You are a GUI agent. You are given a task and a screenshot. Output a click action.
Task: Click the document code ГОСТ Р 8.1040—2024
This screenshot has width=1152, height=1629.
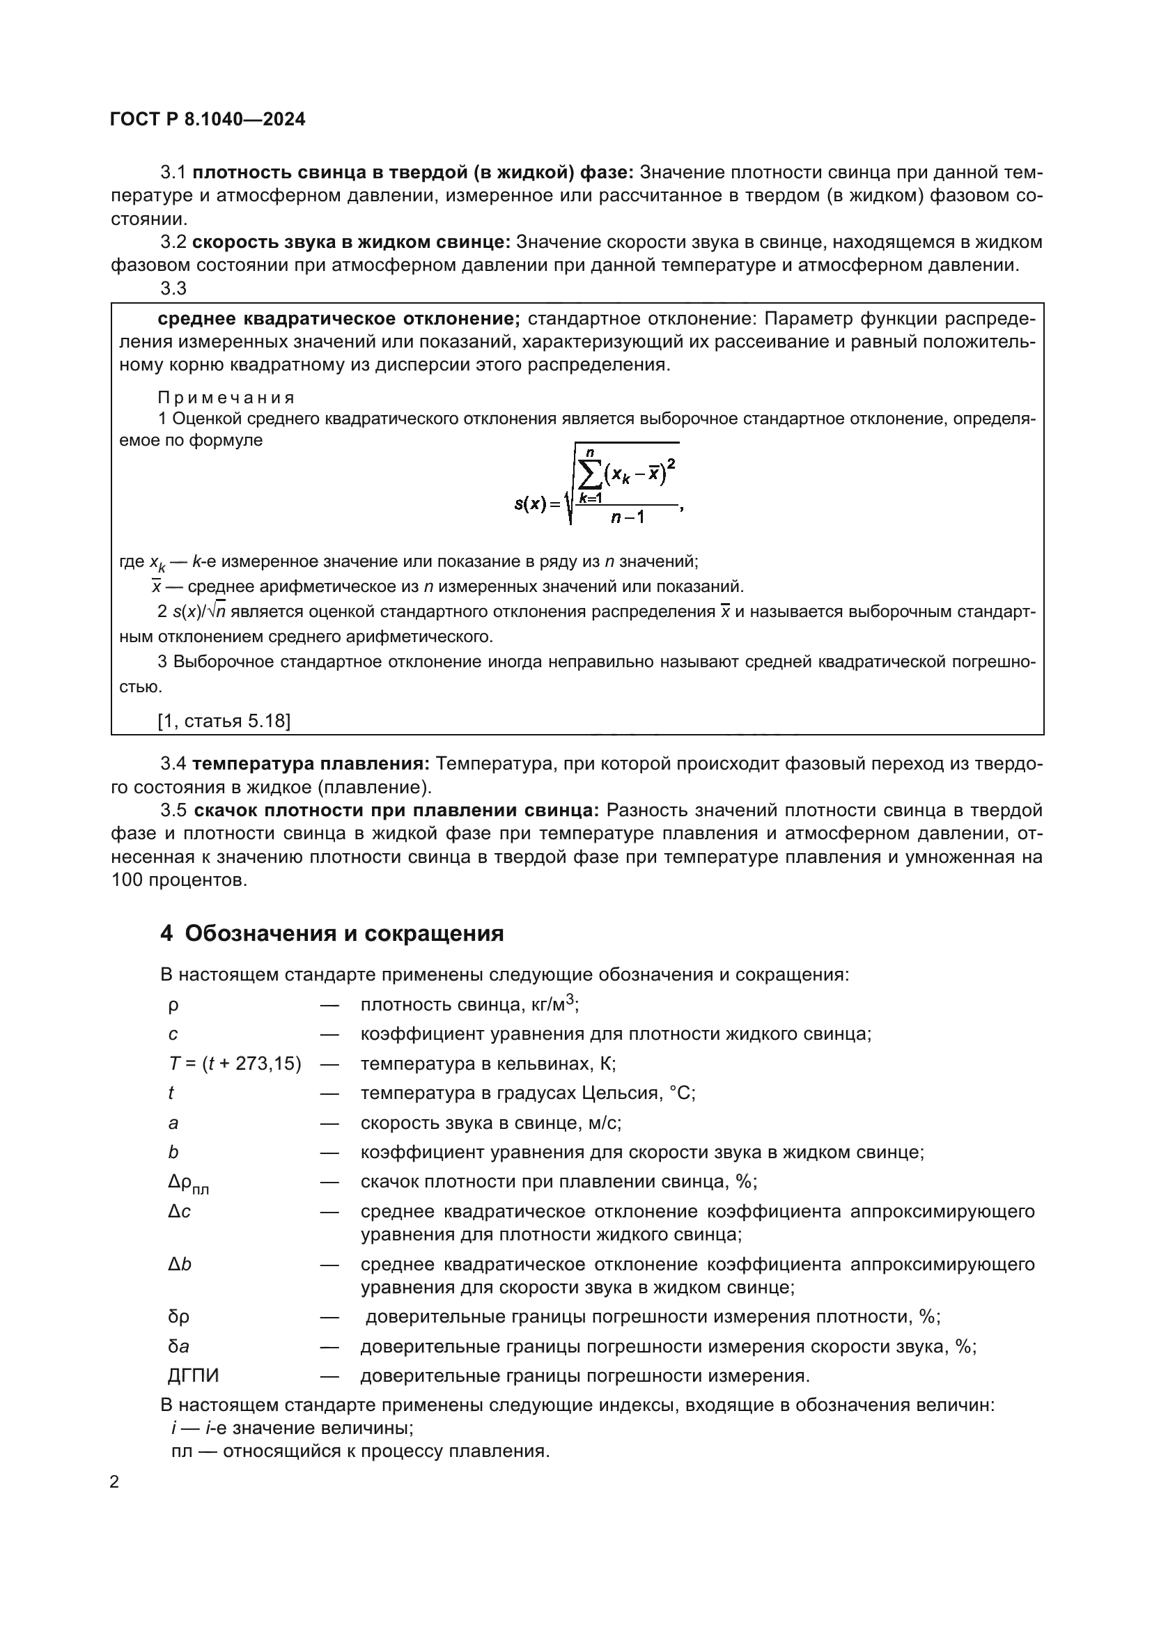pyautogui.click(x=208, y=119)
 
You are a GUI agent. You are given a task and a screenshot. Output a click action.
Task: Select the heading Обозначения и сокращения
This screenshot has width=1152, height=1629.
pyautogui.click(x=344, y=933)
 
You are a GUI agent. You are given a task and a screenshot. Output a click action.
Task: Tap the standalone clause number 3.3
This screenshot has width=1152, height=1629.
pyautogui.click(x=173, y=288)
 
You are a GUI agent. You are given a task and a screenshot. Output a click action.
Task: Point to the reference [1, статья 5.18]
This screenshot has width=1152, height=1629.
pyautogui.click(x=224, y=721)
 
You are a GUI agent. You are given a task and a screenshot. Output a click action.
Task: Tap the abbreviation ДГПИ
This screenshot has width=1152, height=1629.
pyautogui.click(x=194, y=1375)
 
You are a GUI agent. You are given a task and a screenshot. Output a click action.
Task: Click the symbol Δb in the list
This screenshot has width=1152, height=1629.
pyautogui.click(x=180, y=1264)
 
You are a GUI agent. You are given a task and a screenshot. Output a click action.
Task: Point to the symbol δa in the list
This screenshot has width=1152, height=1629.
pyautogui.click(x=178, y=1346)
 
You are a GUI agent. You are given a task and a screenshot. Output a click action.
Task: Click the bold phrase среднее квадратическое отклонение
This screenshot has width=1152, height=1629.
pyautogui.click(x=339, y=318)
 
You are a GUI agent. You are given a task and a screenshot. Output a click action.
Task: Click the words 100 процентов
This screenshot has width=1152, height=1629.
pyautogui.click(x=180, y=880)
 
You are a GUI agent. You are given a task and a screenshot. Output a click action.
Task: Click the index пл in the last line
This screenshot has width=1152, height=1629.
pyautogui.click(x=182, y=1451)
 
